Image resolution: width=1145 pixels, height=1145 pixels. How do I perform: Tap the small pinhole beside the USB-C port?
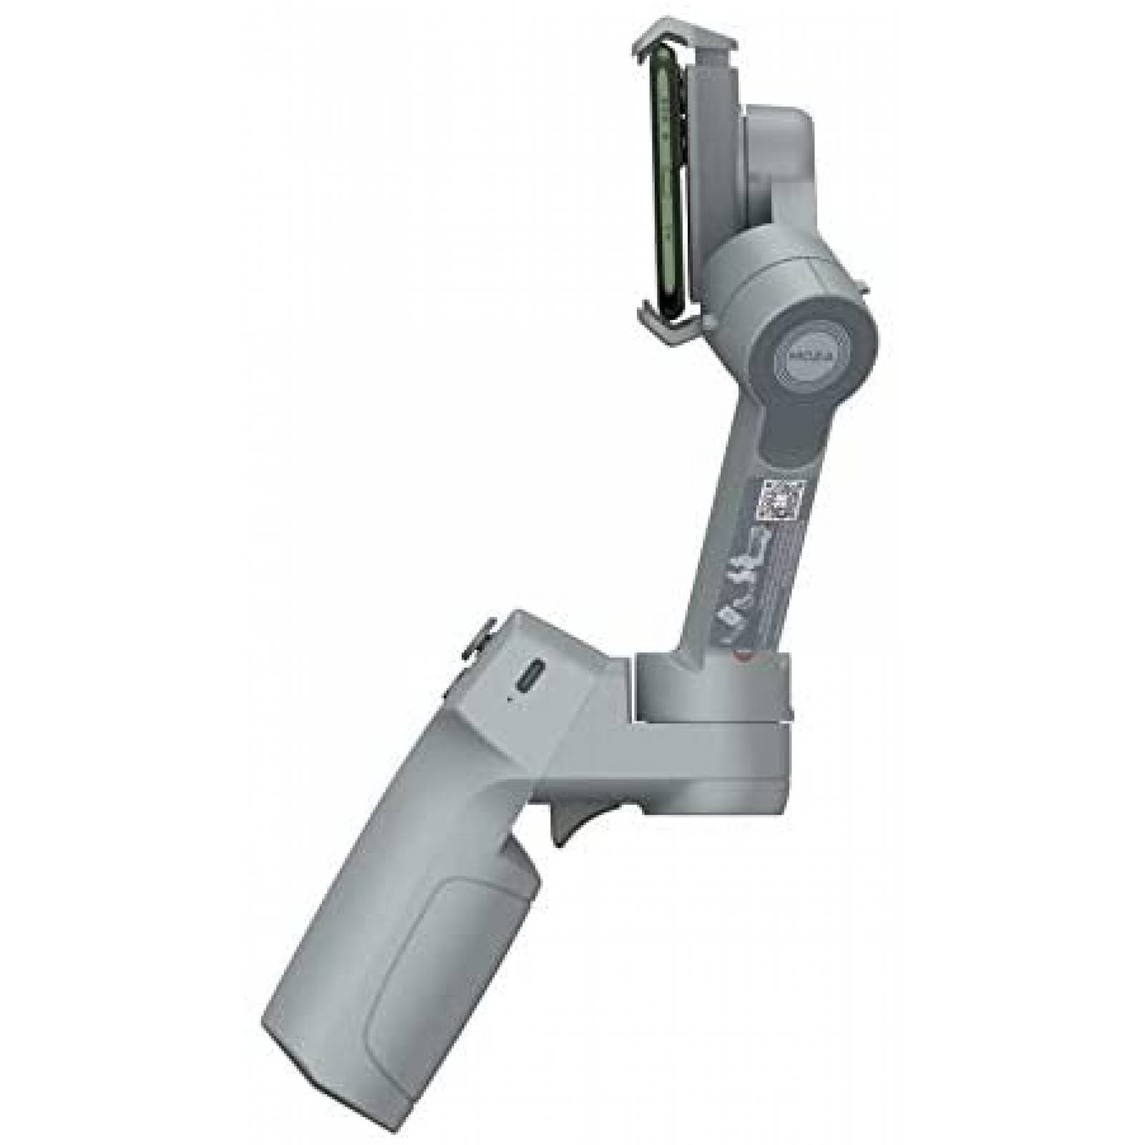[x=510, y=697]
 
